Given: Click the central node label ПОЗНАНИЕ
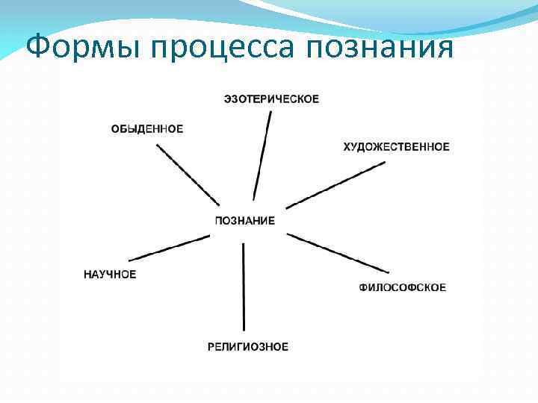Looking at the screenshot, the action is point(244,221).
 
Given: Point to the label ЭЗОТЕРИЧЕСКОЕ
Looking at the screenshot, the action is point(271,99).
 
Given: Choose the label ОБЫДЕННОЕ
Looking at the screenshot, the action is point(147,129).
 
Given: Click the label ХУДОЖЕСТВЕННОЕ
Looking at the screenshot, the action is point(396,147).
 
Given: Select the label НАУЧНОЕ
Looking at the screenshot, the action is point(110,275).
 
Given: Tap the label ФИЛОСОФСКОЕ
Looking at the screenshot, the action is point(403,287).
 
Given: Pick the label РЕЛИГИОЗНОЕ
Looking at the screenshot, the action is point(248,346).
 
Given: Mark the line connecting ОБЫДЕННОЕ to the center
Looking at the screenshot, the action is point(188,175).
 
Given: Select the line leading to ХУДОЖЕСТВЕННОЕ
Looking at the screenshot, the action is point(336,184).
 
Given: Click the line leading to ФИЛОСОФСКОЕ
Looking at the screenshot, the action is point(338,253).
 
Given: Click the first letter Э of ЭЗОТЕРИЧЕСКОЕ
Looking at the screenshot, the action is point(227,99).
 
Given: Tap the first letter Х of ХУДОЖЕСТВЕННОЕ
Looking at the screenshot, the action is point(347,147).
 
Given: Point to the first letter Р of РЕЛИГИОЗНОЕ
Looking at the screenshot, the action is point(211,346).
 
